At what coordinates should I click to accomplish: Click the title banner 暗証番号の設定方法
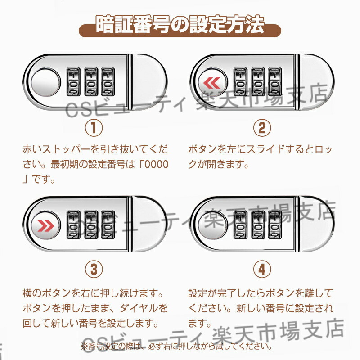point(180,26)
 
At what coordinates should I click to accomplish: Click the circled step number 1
point(94,128)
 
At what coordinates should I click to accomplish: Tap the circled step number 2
point(262,128)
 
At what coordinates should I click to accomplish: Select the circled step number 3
point(94,270)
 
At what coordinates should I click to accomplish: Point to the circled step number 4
point(262,270)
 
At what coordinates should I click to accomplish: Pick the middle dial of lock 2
point(257,82)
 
